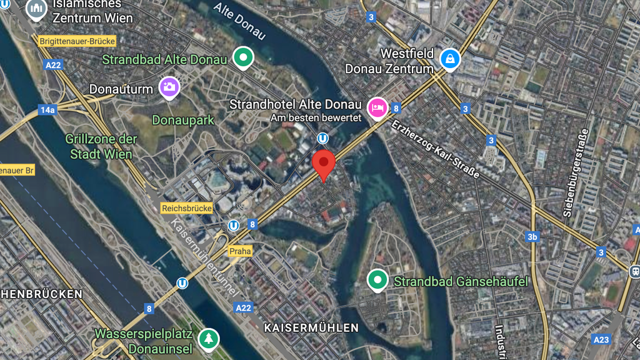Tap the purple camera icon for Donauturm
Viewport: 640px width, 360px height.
[x=169, y=87]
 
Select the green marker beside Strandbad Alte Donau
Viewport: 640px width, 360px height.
[x=242, y=57]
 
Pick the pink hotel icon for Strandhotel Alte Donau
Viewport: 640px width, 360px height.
[x=377, y=107]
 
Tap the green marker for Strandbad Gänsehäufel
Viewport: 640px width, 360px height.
[x=377, y=281]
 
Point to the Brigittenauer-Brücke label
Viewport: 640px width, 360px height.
[x=77, y=41]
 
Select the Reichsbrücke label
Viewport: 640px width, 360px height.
[x=187, y=208]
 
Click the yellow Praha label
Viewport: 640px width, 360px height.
[x=240, y=251]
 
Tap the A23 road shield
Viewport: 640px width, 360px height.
[x=601, y=339]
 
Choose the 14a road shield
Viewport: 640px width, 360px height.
[x=47, y=110]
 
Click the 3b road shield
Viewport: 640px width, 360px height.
[x=532, y=237]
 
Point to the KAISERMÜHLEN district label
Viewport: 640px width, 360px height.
[x=311, y=327]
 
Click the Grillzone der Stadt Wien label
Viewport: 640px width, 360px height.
[x=99, y=146]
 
